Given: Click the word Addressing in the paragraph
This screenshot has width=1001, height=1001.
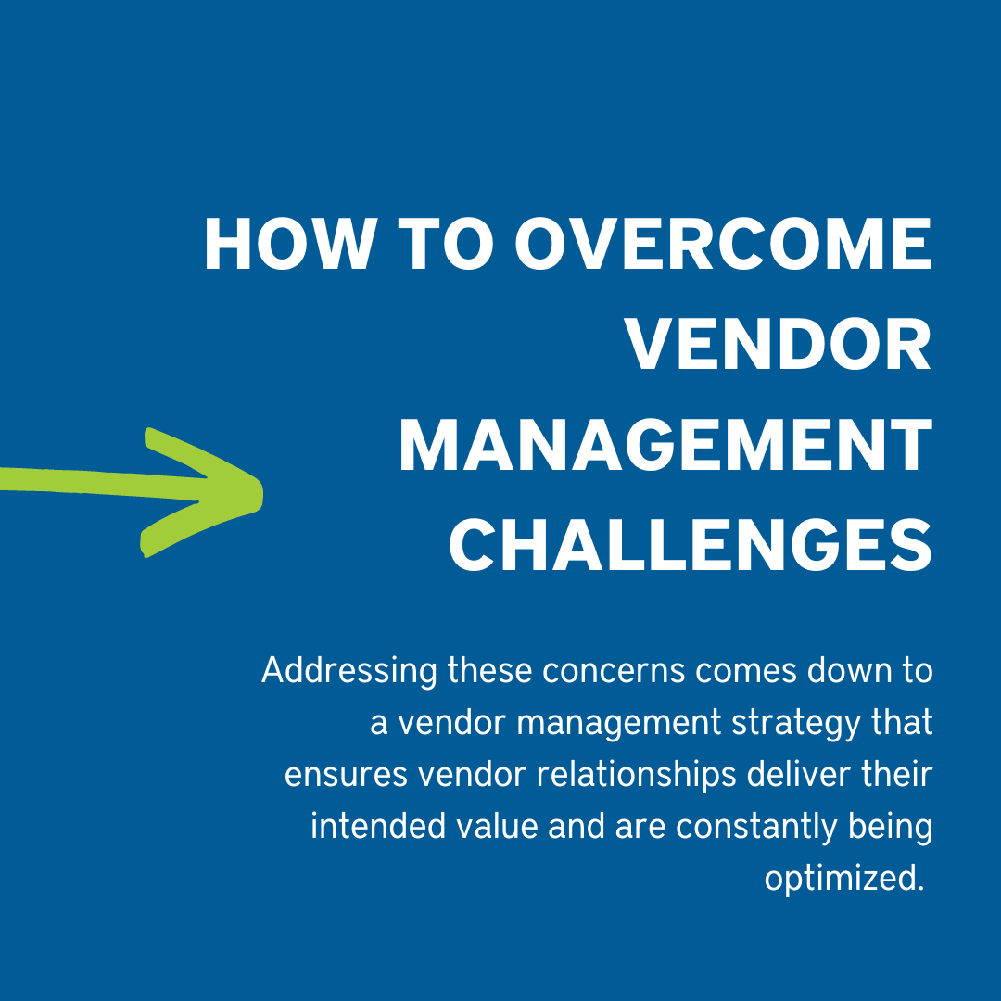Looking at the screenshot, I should coord(348,670).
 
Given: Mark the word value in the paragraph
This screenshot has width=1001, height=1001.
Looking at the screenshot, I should coord(498,825).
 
